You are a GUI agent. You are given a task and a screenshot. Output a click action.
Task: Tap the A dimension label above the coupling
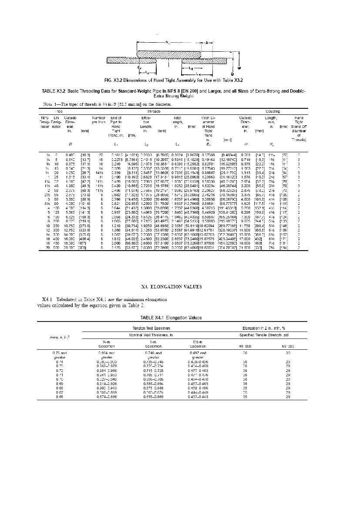tap(207, 42)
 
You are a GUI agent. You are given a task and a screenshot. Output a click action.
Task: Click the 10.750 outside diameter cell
tap(70, 226)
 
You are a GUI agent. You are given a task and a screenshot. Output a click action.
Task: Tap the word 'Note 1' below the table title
tap(45, 104)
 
